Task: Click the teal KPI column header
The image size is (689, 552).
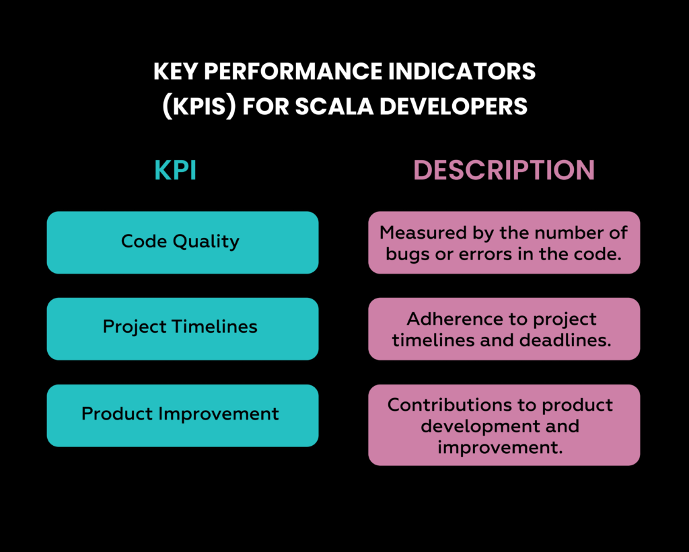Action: [176, 170]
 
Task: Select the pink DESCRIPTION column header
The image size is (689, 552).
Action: [504, 170]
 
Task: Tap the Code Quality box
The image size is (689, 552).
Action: [182, 242]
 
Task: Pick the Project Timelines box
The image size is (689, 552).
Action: [182, 328]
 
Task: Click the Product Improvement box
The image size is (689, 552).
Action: [182, 415]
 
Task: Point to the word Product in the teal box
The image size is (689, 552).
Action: [118, 413]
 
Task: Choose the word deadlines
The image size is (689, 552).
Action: [565, 340]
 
